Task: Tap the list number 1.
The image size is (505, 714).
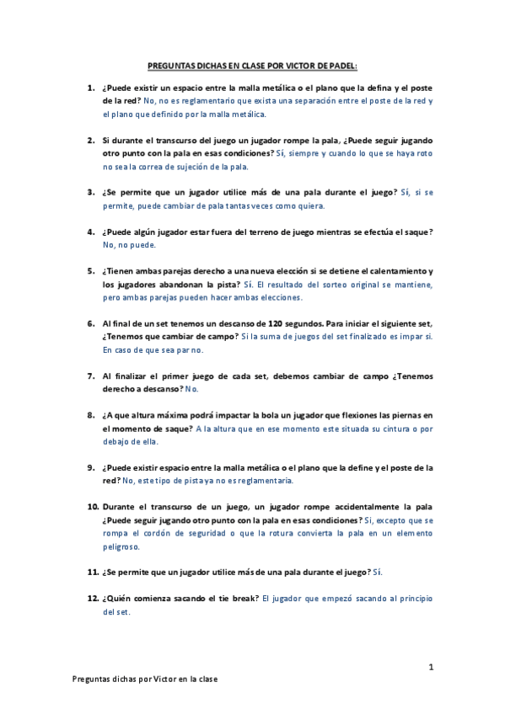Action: (90, 88)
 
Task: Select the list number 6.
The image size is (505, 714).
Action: (90, 323)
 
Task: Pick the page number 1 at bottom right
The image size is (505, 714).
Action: (431, 667)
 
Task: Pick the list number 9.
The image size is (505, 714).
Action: (90, 467)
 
